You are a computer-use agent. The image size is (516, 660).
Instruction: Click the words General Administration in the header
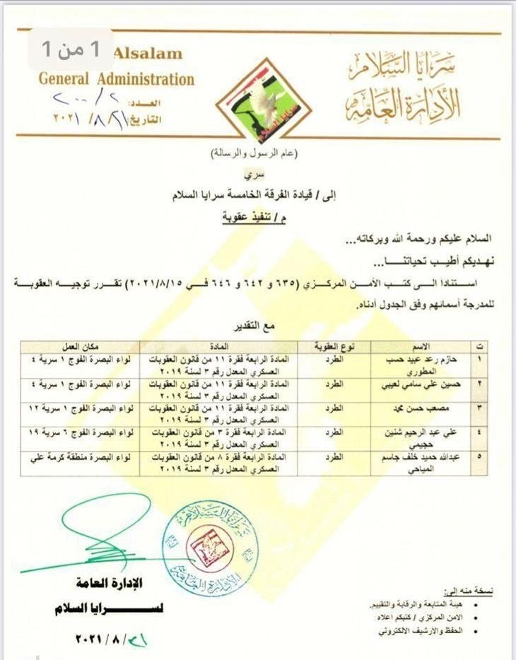(x=116, y=78)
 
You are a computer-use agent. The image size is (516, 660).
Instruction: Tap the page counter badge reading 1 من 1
(x=71, y=49)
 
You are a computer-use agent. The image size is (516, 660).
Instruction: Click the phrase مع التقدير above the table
(x=265, y=326)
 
